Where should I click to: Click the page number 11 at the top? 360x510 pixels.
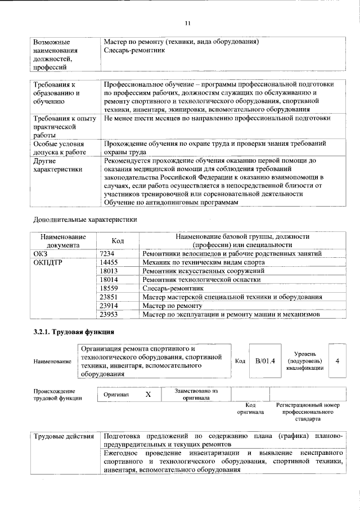(x=188, y=23)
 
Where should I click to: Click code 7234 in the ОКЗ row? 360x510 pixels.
(x=107, y=254)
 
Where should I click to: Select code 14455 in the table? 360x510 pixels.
(x=109, y=262)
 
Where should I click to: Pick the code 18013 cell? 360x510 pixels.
(x=109, y=271)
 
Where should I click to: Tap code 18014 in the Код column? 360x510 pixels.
(x=109, y=279)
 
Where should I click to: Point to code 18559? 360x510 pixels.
(x=109, y=288)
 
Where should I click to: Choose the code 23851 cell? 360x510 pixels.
(x=109, y=297)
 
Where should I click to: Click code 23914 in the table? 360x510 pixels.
(x=109, y=305)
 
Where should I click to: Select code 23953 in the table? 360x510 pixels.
(x=109, y=314)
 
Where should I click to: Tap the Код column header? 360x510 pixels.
(x=118, y=241)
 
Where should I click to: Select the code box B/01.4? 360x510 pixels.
(x=264, y=360)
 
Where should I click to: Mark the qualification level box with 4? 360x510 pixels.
(x=337, y=360)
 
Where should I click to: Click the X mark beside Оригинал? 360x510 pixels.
(x=148, y=395)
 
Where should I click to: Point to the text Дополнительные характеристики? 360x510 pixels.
(x=85, y=219)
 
